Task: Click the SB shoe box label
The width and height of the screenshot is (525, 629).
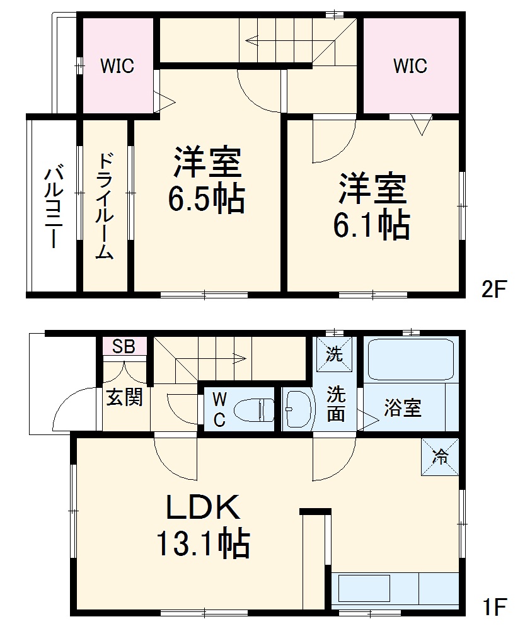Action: [124, 347]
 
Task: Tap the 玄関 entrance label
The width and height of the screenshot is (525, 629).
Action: [124, 397]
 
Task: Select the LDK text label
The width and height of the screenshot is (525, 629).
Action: [203, 508]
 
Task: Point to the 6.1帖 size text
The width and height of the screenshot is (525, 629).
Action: [372, 225]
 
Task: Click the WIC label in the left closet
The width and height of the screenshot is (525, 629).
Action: [117, 66]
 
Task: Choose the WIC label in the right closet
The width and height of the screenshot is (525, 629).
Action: [410, 66]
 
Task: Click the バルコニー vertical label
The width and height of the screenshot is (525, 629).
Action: [52, 207]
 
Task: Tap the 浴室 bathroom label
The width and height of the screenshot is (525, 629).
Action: [403, 409]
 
